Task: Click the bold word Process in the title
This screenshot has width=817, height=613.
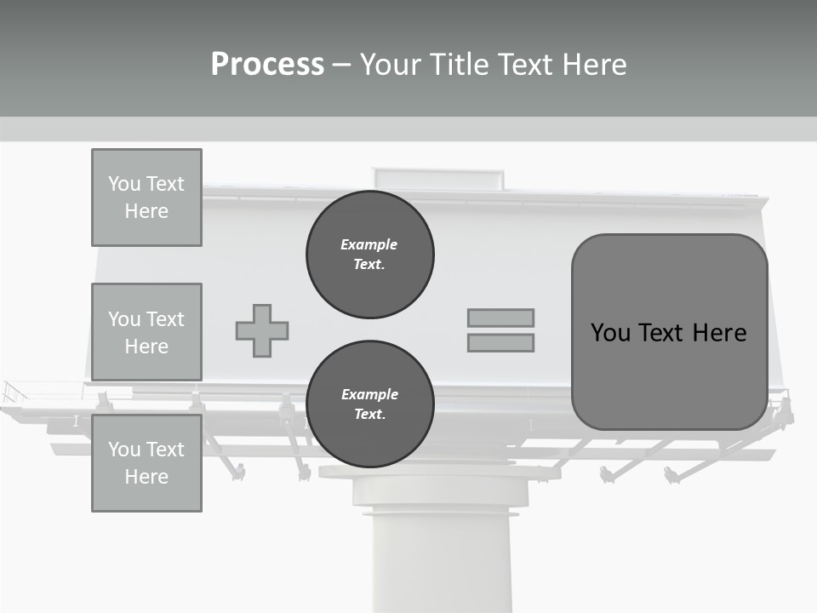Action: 267,65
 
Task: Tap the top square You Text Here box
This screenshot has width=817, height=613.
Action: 146,198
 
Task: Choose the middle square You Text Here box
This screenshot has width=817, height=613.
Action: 146,332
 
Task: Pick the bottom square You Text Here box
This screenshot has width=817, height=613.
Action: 146,463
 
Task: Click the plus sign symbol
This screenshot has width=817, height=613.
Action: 262,330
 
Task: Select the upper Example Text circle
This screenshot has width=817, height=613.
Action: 370,254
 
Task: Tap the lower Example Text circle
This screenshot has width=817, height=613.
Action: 370,404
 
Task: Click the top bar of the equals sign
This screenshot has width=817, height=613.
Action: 500,318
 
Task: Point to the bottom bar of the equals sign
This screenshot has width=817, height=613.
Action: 500,342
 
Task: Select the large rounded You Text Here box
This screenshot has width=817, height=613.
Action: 669,332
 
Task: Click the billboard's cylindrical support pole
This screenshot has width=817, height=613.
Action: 441,562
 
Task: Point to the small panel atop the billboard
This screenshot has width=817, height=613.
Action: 437,178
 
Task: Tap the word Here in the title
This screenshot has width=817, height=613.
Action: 596,65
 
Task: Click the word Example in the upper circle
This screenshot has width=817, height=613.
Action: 369,244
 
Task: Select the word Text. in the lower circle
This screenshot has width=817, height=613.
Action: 369,414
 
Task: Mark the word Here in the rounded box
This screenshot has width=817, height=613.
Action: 719,332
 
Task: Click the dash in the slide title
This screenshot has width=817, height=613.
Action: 342,66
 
